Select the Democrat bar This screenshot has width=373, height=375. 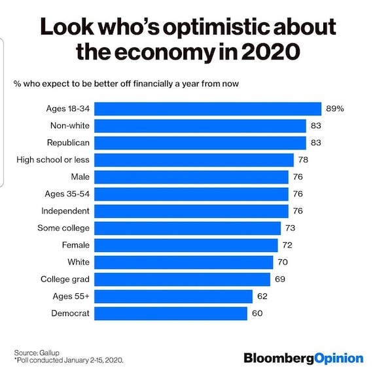click(x=171, y=313)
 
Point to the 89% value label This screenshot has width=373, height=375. click(x=334, y=109)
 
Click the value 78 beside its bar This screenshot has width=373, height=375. click(x=303, y=160)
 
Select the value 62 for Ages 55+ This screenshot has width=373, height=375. click(x=263, y=296)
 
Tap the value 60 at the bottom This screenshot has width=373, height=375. click(x=258, y=313)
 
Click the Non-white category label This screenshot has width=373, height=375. click(x=69, y=126)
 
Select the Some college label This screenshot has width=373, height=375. click(x=64, y=228)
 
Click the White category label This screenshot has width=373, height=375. click(x=78, y=262)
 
